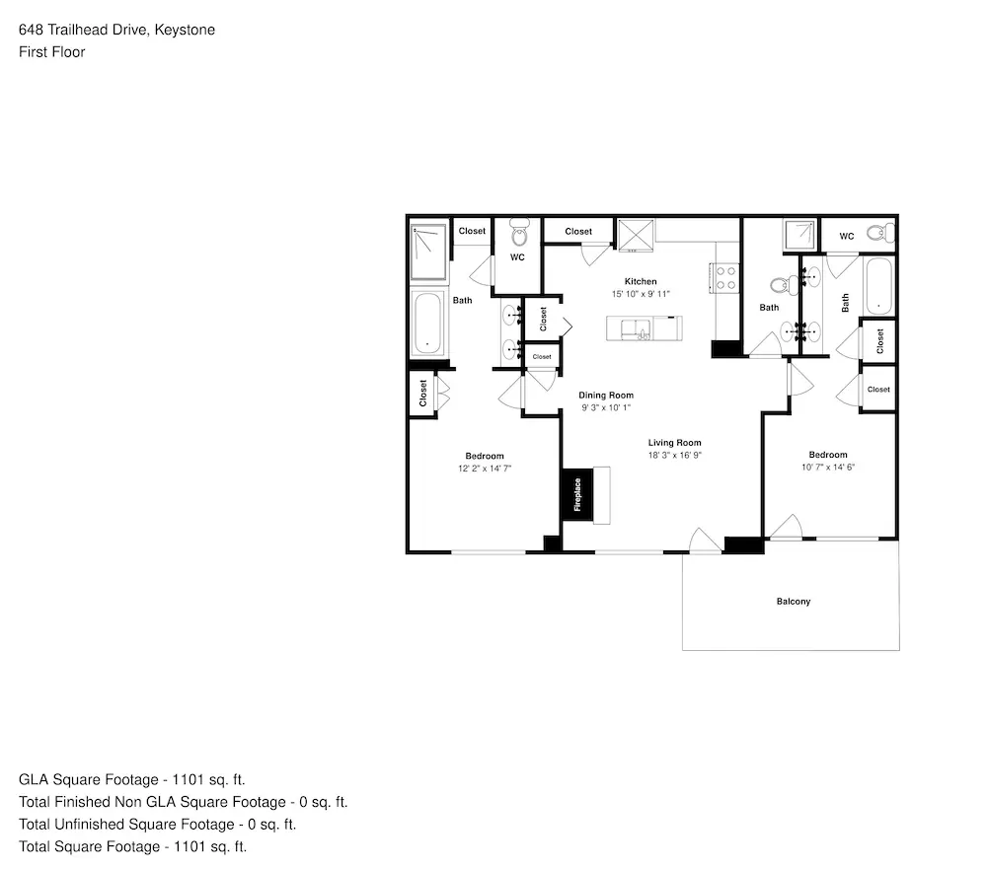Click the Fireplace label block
[x=577, y=494]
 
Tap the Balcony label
[x=794, y=602]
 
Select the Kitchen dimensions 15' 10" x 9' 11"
[x=641, y=294]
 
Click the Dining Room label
[x=606, y=396]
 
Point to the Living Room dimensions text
[x=675, y=455]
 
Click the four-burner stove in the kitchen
[x=725, y=278]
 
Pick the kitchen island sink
[x=636, y=329]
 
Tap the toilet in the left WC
[x=519, y=232]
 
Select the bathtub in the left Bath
[x=428, y=324]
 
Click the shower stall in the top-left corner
[x=428, y=252]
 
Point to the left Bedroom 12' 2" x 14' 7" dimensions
[x=485, y=469]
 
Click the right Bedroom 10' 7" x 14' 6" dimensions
[x=828, y=467]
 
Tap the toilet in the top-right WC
[x=880, y=234]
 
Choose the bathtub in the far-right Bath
[x=878, y=286]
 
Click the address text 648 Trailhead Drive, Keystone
[x=117, y=30]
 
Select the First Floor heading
[x=51, y=52]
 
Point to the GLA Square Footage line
[x=131, y=779]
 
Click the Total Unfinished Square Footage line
[x=157, y=825]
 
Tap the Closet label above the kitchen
[x=578, y=232]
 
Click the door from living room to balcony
[x=705, y=543]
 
